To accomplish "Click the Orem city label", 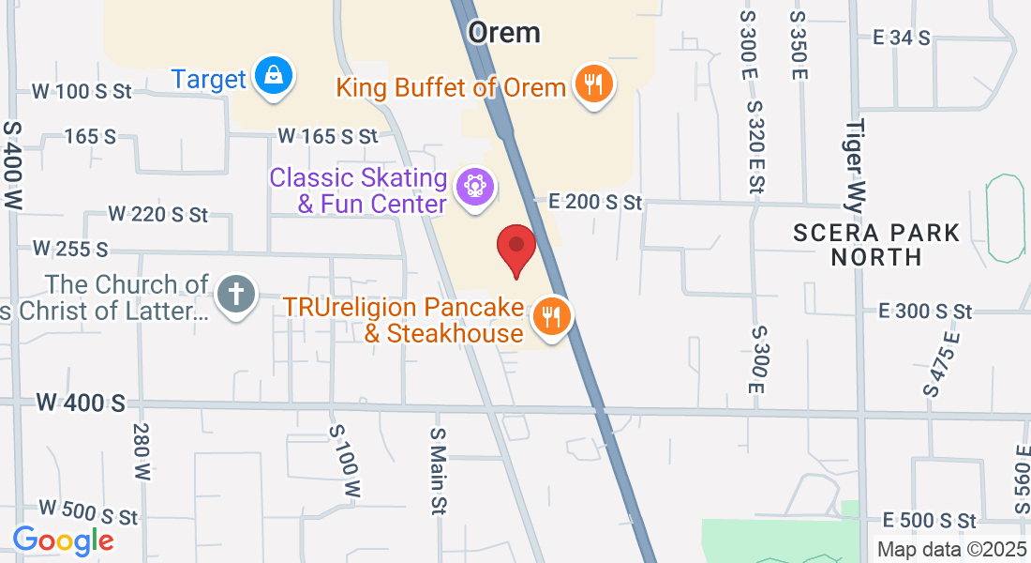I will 504,32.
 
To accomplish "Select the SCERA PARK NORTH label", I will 875,244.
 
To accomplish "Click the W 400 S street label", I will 81,403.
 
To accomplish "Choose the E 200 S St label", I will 595,202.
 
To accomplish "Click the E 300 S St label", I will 924,311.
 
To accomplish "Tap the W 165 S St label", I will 328,137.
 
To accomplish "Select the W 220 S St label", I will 157,215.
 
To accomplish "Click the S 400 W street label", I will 13,164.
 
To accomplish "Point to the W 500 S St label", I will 87,514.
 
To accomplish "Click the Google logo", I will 63,540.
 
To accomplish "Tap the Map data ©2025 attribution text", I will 949,549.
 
